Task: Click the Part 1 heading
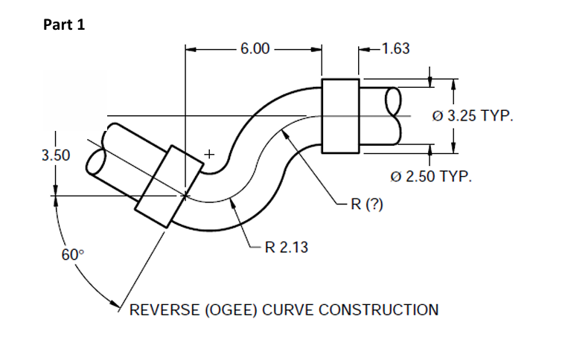[x=64, y=25]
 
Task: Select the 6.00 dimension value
[x=254, y=49]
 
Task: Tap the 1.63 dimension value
[x=395, y=49]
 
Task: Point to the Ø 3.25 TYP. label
[x=473, y=117]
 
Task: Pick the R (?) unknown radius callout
[x=366, y=204]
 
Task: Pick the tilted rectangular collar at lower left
[x=168, y=187]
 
